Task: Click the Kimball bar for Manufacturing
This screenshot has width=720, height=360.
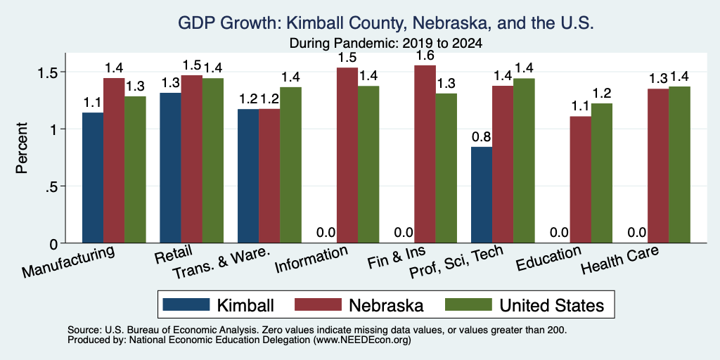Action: tap(93, 178)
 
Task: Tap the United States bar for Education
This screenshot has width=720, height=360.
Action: tap(602, 173)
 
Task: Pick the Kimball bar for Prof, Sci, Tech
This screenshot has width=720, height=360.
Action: tap(482, 195)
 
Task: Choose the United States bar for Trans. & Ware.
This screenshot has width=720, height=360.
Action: tap(290, 165)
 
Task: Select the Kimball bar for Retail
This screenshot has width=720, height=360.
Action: tap(170, 168)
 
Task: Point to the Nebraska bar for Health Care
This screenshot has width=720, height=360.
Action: tap(658, 166)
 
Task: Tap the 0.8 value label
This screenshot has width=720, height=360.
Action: tap(481, 137)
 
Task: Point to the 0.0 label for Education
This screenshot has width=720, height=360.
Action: tap(559, 233)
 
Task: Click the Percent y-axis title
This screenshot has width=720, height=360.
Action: tap(22, 148)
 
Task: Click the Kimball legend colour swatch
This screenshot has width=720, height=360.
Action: tap(186, 304)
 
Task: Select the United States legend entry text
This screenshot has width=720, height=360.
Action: tap(551, 305)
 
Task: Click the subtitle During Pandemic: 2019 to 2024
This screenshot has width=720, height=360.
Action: tap(386, 44)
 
